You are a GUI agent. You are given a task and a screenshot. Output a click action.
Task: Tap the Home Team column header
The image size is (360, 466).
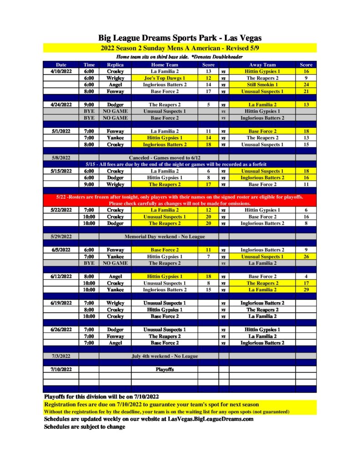[x=165, y=65]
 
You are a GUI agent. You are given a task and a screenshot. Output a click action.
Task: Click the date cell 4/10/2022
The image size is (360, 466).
[x=61, y=71]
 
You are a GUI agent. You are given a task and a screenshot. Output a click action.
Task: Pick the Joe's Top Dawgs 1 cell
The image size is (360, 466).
[x=165, y=78]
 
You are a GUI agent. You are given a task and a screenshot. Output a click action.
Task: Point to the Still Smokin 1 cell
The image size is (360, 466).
[x=263, y=85]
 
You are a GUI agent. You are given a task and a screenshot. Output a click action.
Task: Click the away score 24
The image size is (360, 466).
[x=306, y=85]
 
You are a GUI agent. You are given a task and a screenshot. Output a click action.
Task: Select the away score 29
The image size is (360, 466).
[x=306, y=289]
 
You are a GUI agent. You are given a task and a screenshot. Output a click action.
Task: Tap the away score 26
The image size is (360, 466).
[x=306, y=257]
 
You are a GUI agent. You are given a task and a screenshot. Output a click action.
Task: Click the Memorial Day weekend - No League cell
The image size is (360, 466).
[x=165, y=237]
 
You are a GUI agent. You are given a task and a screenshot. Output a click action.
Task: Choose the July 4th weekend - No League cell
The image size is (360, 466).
[x=165, y=356]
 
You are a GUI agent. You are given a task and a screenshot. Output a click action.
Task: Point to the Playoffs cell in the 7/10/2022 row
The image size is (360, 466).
[x=165, y=370]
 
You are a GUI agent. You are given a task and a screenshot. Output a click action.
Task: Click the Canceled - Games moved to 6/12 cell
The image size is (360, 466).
[x=165, y=157]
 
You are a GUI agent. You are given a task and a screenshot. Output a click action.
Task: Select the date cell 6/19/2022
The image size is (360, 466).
[x=61, y=303]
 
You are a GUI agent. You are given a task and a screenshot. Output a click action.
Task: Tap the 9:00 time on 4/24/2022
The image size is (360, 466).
[x=89, y=104]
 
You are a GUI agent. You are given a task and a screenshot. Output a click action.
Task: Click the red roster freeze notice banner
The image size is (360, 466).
[x=180, y=200]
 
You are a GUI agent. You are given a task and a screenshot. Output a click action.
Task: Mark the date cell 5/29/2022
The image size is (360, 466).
[x=61, y=237]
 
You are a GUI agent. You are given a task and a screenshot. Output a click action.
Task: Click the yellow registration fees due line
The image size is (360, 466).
[x=152, y=404]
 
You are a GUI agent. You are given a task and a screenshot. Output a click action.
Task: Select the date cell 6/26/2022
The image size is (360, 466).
[x=61, y=329]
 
